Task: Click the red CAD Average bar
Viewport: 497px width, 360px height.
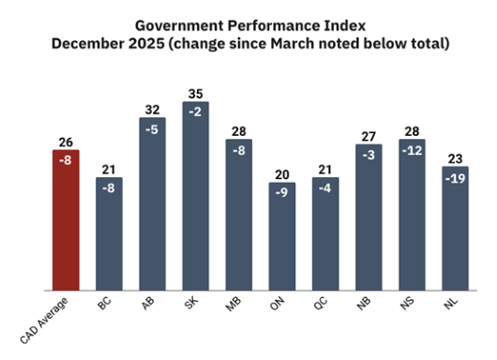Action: click(66, 220)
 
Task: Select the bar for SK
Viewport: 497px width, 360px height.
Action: click(195, 197)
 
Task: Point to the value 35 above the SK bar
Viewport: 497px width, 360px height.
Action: click(195, 94)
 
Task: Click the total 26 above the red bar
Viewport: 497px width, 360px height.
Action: click(66, 142)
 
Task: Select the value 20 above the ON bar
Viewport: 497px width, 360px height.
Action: click(281, 173)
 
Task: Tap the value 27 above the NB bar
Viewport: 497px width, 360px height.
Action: click(368, 136)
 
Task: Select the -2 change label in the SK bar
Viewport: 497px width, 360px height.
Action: click(195, 111)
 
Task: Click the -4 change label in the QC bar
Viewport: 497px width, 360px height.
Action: click(324, 187)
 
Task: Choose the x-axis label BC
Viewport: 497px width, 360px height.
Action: click(109, 306)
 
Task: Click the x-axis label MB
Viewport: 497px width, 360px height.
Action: click(238, 306)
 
